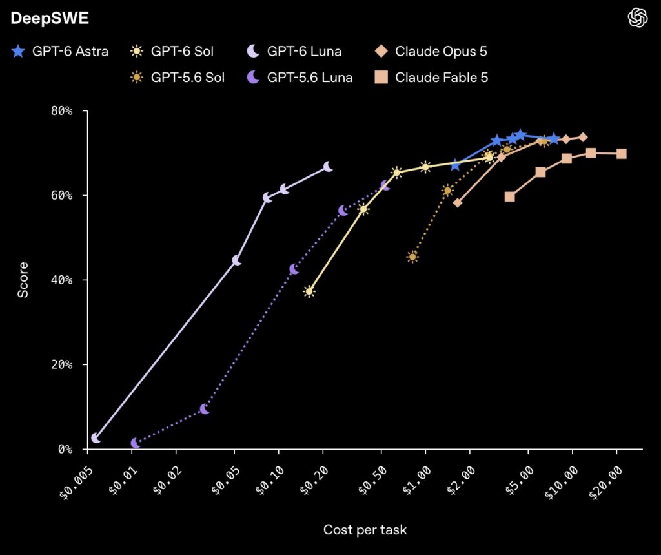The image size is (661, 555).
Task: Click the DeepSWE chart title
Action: (x=50, y=18)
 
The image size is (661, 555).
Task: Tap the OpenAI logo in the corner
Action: (x=637, y=18)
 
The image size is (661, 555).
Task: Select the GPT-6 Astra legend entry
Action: (x=59, y=52)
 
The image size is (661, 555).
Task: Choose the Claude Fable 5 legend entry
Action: (x=431, y=78)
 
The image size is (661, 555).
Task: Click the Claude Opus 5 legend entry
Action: (x=431, y=52)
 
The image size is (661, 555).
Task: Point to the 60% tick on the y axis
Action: (x=61, y=195)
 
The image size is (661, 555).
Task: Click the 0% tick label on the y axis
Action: (x=65, y=449)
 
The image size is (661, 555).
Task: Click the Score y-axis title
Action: (x=23, y=280)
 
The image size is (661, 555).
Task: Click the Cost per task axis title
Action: (x=365, y=530)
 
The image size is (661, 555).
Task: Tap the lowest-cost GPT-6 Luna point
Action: (x=96, y=438)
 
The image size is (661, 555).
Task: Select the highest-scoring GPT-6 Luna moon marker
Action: (x=328, y=167)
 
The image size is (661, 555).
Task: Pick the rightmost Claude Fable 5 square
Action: (x=621, y=154)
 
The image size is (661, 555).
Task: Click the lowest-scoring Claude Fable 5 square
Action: (x=510, y=196)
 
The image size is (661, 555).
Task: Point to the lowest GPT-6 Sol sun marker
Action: (x=309, y=291)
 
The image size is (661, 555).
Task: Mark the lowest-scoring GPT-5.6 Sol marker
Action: (x=412, y=257)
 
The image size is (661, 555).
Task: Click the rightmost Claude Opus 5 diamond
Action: (x=583, y=137)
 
